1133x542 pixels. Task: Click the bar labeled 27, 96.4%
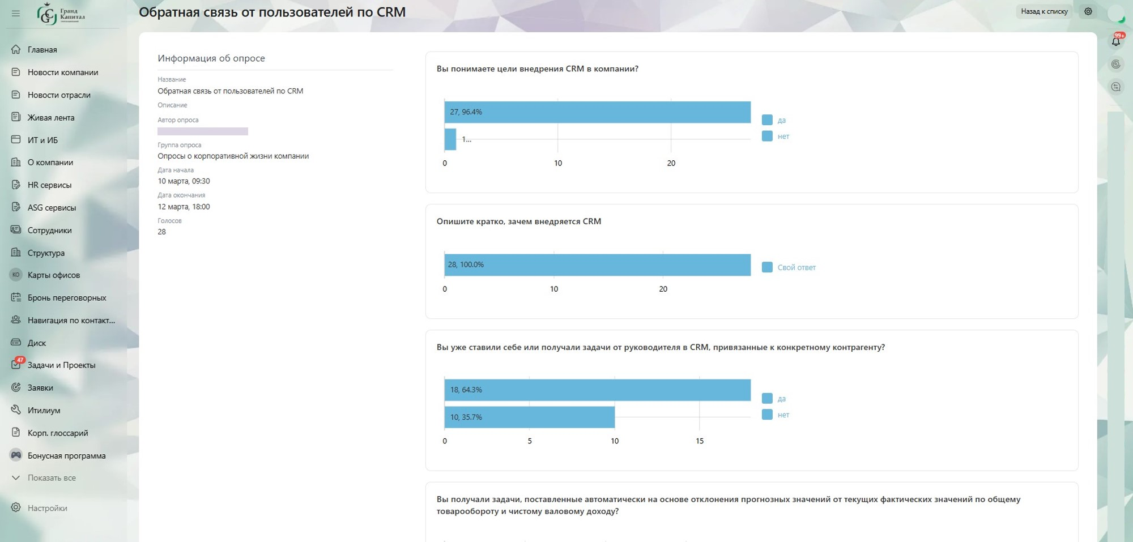598,112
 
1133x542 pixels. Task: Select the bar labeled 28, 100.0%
598,264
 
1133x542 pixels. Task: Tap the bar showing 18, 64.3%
598,390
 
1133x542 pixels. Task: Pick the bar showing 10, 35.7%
530,417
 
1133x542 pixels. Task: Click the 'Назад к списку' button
1044,11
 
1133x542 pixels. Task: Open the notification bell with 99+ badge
1116,41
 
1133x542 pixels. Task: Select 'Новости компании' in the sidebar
63,72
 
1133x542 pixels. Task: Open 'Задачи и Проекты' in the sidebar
61,365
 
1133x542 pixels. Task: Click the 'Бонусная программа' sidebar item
66,456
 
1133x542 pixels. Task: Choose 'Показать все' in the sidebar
52,478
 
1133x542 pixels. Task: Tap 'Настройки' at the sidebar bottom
47,508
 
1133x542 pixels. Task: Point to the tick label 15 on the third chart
700,441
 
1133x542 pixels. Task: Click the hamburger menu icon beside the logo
16,13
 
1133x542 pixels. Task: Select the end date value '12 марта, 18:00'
184,207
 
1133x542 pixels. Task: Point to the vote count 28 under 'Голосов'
162,232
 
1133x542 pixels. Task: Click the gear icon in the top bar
1088,11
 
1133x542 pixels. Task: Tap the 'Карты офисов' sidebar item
54,275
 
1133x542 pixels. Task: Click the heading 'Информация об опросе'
211,58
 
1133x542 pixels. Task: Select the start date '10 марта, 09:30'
184,181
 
